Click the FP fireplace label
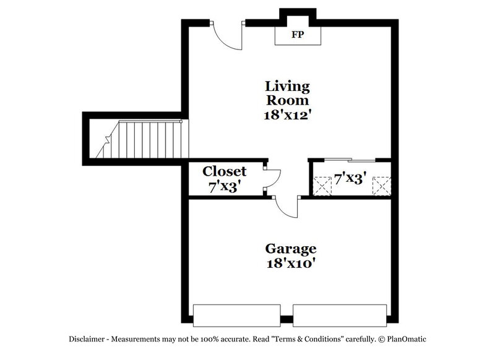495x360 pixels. [x=298, y=35]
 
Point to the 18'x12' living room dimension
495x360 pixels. [x=287, y=114]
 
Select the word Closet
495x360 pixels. [x=225, y=171]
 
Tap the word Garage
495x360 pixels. [x=291, y=249]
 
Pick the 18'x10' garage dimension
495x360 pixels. [x=291, y=264]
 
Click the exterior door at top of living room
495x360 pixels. [x=226, y=38]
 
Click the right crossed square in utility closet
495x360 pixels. [x=380, y=185]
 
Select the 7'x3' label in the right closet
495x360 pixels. [x=351, y=178]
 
